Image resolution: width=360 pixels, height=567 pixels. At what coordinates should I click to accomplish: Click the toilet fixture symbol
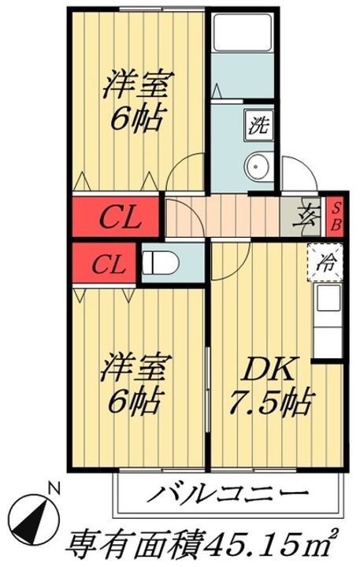coord(160,263)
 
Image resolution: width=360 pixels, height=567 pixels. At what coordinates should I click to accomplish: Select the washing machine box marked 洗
coord(258,124)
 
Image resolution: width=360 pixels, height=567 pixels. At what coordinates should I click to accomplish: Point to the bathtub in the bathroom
coord(242,32)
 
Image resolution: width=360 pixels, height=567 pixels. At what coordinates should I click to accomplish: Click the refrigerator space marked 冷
coord(325,262)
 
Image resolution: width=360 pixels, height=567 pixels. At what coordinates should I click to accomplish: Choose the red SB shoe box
coord(336,217)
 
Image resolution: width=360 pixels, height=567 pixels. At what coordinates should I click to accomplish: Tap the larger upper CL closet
coord(116,217)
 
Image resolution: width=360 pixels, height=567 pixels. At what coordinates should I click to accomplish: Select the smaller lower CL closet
coord(104,263)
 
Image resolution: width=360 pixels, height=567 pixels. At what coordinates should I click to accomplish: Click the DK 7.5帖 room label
coord(269,386)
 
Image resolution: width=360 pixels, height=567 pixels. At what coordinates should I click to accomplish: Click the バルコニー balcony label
coord(227,493)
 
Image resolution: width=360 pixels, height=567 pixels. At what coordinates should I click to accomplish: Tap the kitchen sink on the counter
coord(328,298)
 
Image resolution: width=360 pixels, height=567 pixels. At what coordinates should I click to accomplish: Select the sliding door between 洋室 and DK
coord(207,390)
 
